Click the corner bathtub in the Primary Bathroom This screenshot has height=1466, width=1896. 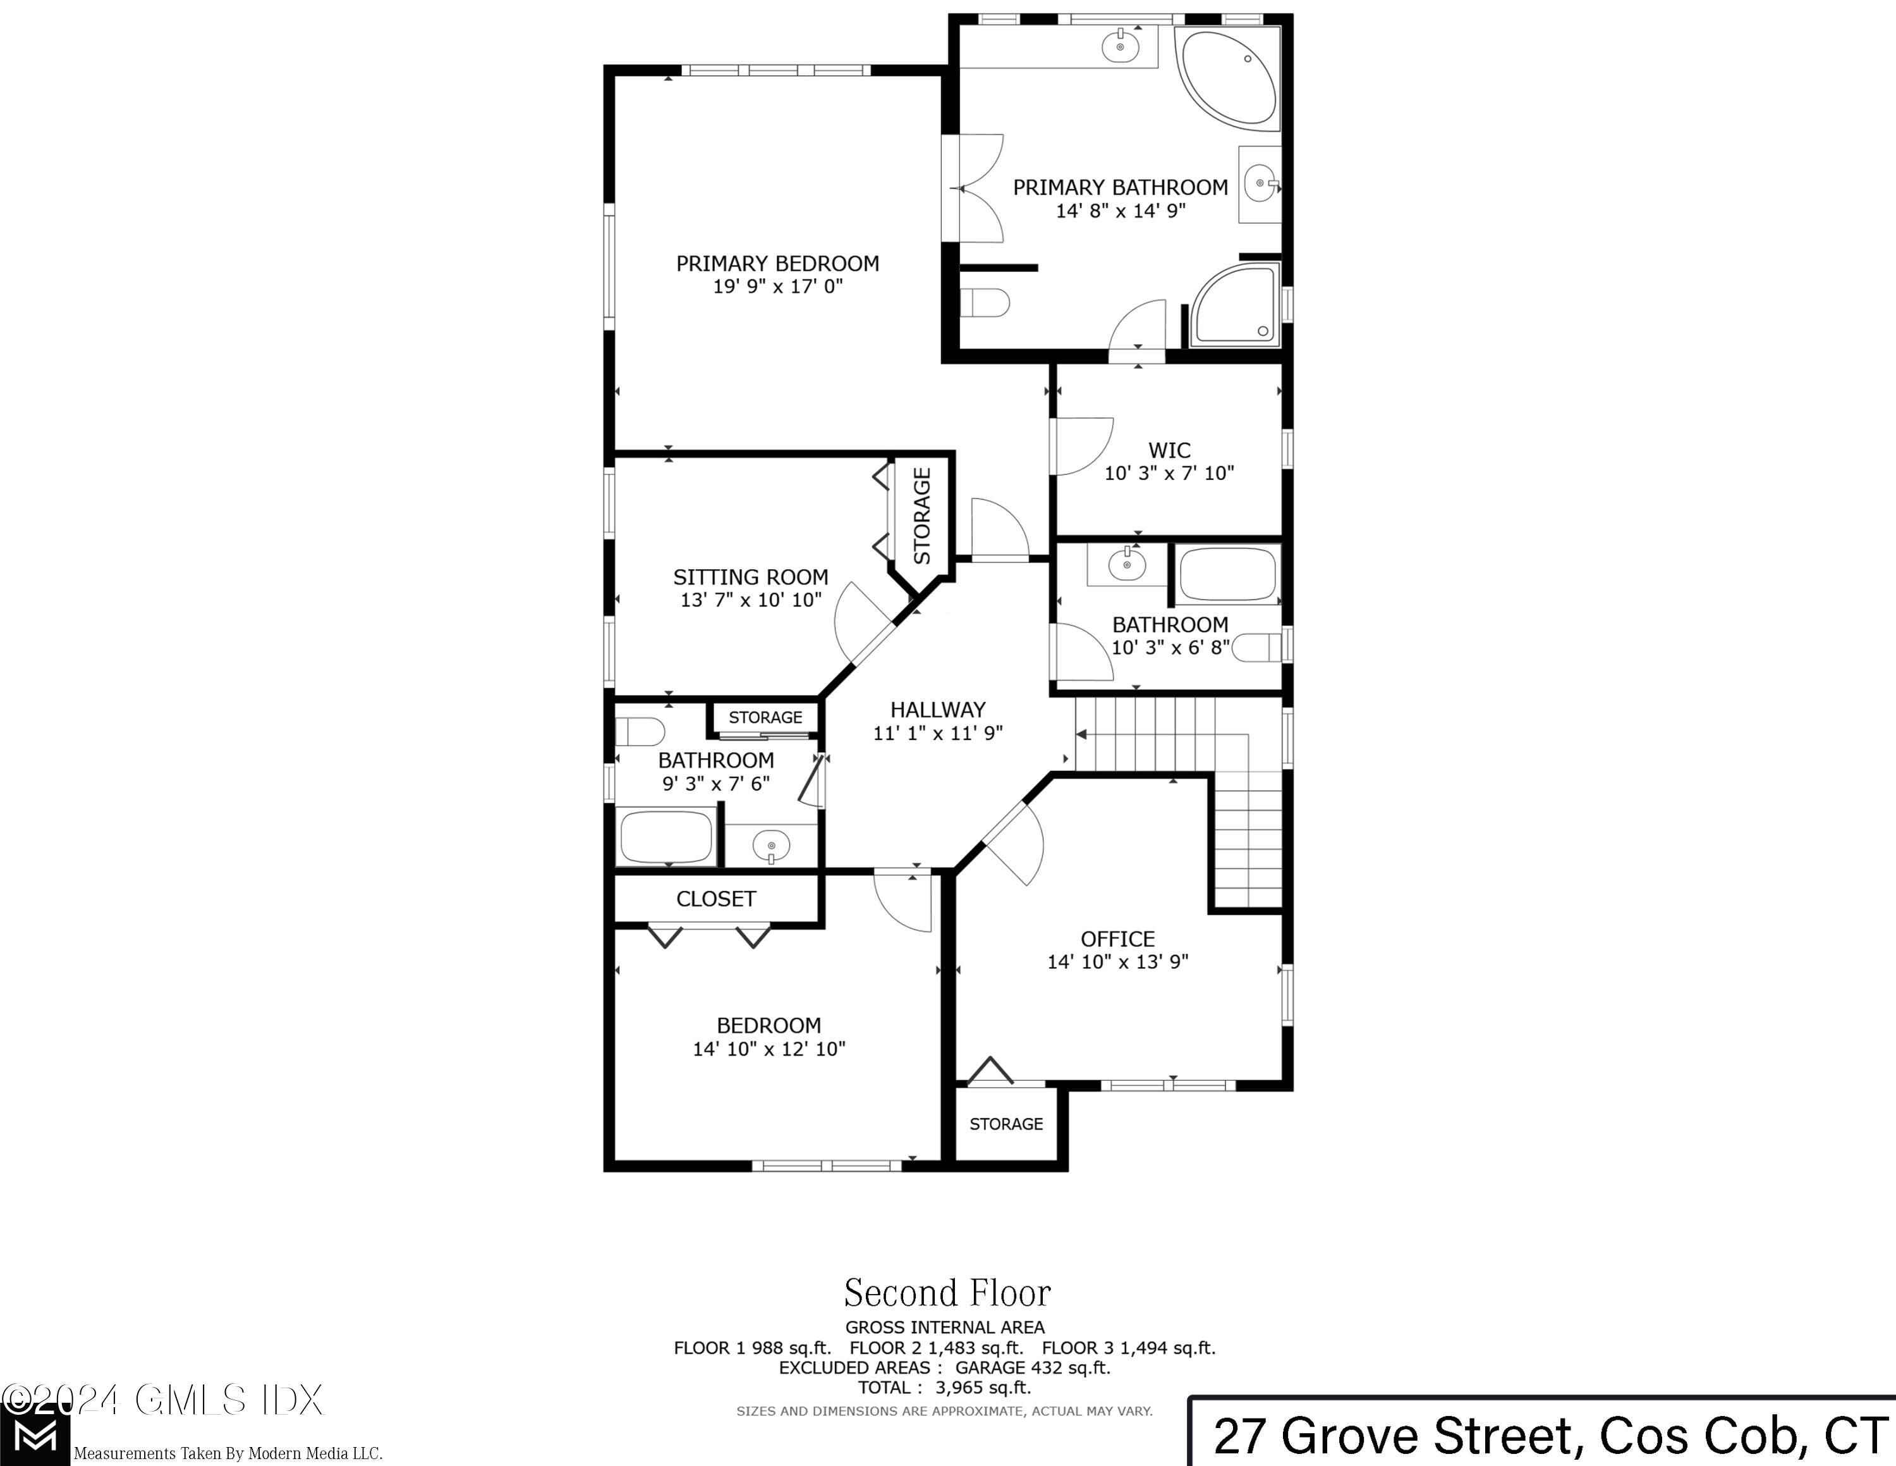(x=1229, y=78)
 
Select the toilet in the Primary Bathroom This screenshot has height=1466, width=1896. (x=987, y=303)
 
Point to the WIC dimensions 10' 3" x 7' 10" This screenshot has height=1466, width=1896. (x=1169, y=473)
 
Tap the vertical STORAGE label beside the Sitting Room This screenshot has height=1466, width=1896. (x=922, y=516)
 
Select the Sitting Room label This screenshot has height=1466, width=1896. (x=750, y=577)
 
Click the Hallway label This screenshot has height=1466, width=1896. (x=938, y=710)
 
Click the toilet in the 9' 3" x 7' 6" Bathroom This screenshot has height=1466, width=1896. (x=640, y=731)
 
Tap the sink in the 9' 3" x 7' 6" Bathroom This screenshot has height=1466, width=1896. (x=771, y=844)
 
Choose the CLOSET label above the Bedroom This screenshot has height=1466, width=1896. (x=715, y=899)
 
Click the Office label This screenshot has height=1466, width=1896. (x=1117, y=939)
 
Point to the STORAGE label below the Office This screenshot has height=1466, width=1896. (x=1006, y=1124)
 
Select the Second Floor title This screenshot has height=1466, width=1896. (x=947, y=1293)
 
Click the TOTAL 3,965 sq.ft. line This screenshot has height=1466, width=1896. (x=945, y=1388)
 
